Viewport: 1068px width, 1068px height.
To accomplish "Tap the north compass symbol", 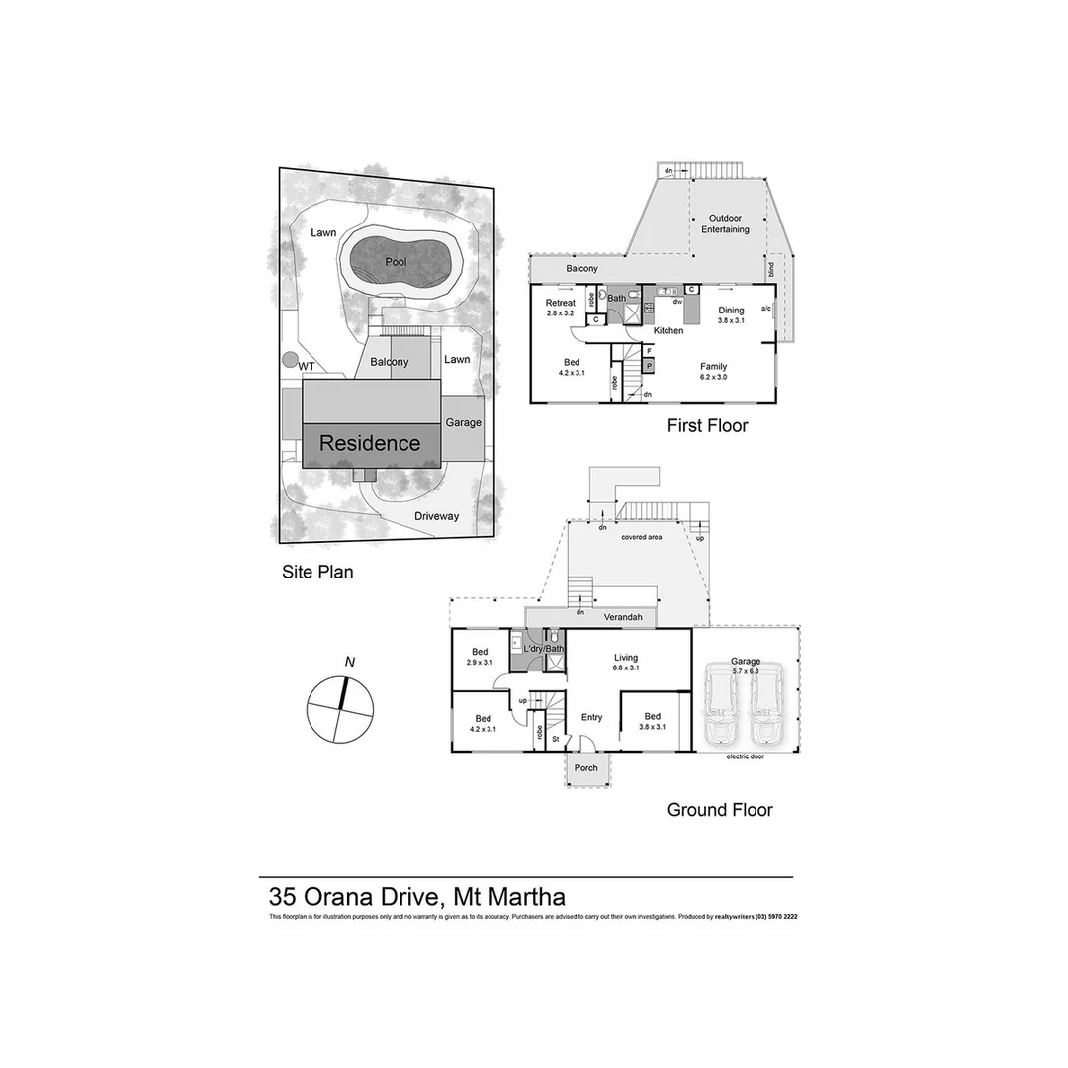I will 341,705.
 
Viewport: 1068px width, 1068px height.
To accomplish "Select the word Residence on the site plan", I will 369,444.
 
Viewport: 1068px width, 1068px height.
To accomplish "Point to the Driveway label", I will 437,516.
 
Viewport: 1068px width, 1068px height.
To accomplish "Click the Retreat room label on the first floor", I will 561,303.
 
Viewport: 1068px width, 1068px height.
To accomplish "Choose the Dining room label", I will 731,311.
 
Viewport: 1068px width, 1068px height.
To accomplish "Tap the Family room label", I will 714,366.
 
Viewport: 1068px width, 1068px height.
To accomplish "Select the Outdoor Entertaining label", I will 726,223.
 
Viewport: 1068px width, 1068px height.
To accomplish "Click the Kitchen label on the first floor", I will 668,330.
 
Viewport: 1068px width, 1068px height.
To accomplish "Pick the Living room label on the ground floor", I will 626,657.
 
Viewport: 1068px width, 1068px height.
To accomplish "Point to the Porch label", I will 586,768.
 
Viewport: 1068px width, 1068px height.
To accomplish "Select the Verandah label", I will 623,617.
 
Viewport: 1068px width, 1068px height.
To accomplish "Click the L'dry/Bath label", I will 543,649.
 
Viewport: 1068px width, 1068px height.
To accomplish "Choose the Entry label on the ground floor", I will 591,718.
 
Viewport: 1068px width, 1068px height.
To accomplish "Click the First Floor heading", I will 707,426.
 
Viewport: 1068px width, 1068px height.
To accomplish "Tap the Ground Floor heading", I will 720,810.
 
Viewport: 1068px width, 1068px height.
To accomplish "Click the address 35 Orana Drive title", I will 417,897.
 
